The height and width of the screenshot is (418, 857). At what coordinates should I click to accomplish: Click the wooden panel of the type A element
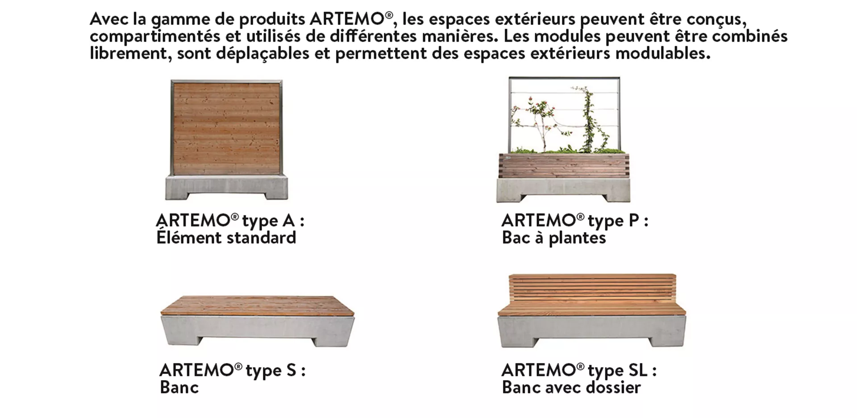pyautogui.click(x=226, y=128)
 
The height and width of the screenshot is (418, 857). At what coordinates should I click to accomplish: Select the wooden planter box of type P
pyautogui.click(x=563, y=166)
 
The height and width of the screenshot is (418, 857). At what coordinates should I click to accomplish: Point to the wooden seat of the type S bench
pyautogui.click(x=258, y=306)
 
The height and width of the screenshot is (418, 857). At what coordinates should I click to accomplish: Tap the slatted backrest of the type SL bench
pyautogui.click(x=592, y=288)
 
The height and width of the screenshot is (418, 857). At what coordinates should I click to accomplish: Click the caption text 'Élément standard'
pyautogui.click(x=226, y=238)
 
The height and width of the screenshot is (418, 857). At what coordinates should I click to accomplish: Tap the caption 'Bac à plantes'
pyautogui.click(x=554, y=238)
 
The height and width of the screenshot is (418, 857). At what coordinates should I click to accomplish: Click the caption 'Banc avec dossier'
pyautogui.click(x=571, y=387)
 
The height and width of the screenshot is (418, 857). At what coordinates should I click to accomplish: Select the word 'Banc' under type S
pyautogui.click(x=179, y=387)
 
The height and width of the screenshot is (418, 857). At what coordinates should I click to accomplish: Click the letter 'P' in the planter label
pyautogui.click(x=634, y=220)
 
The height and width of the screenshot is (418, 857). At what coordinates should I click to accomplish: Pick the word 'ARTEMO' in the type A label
pyautogui.click(x=193, y=220)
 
